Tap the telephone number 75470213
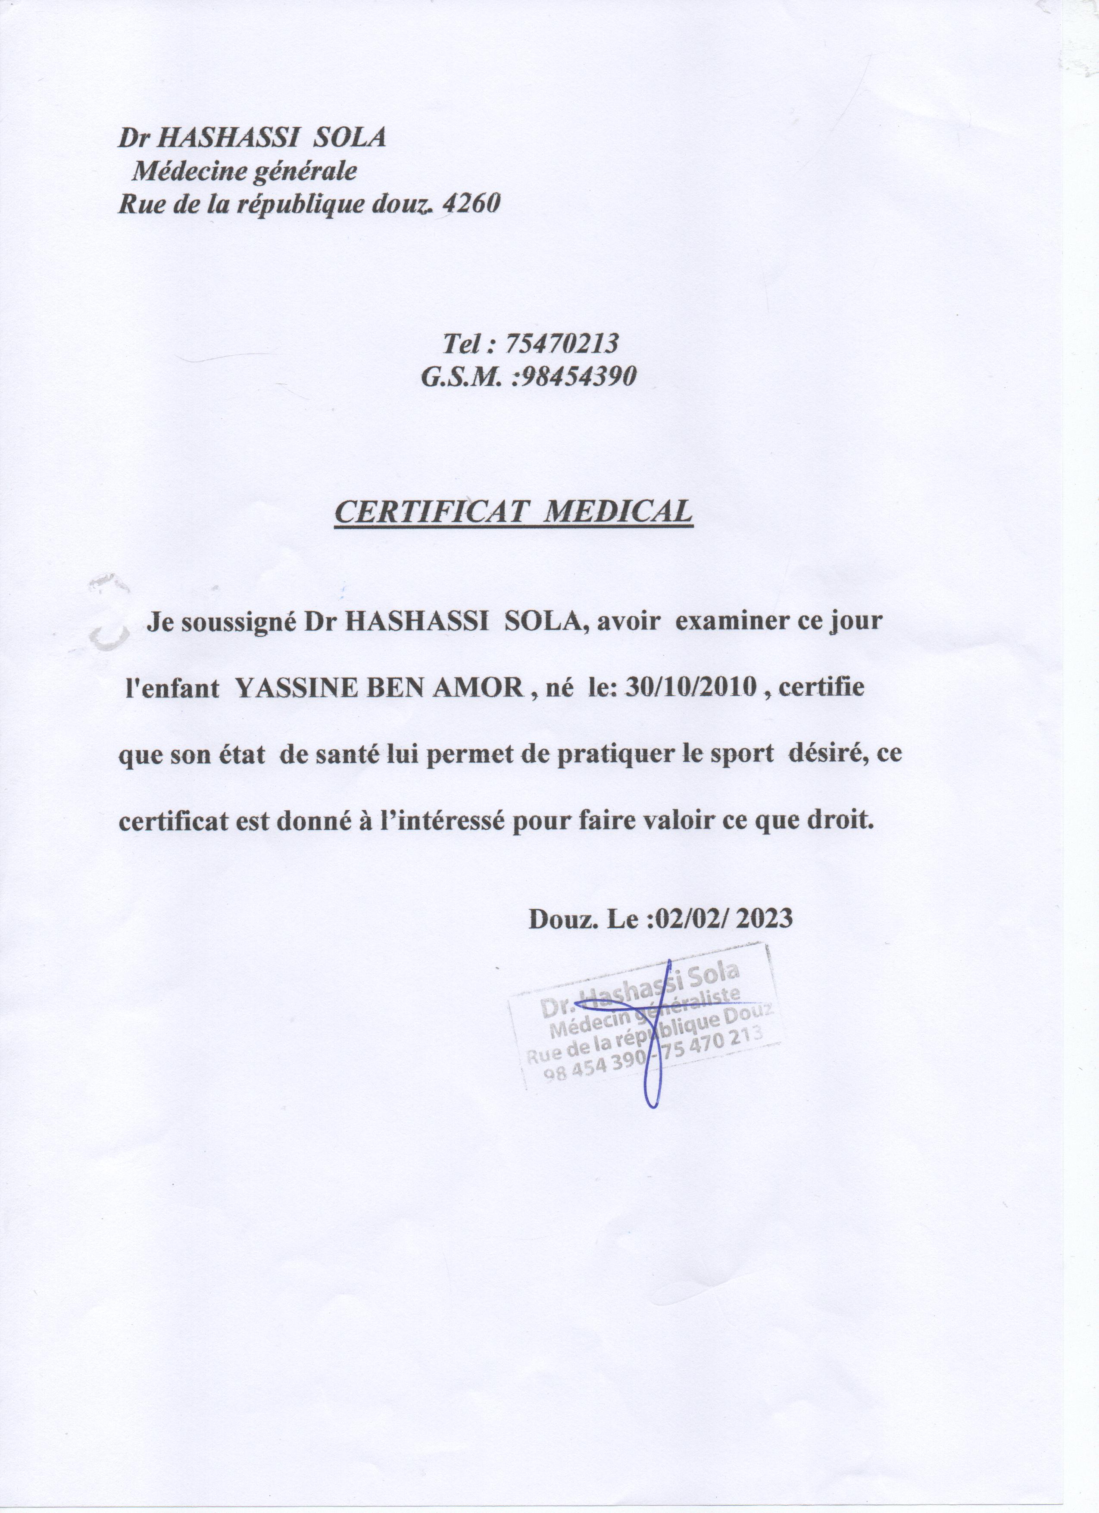coord(562,344)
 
